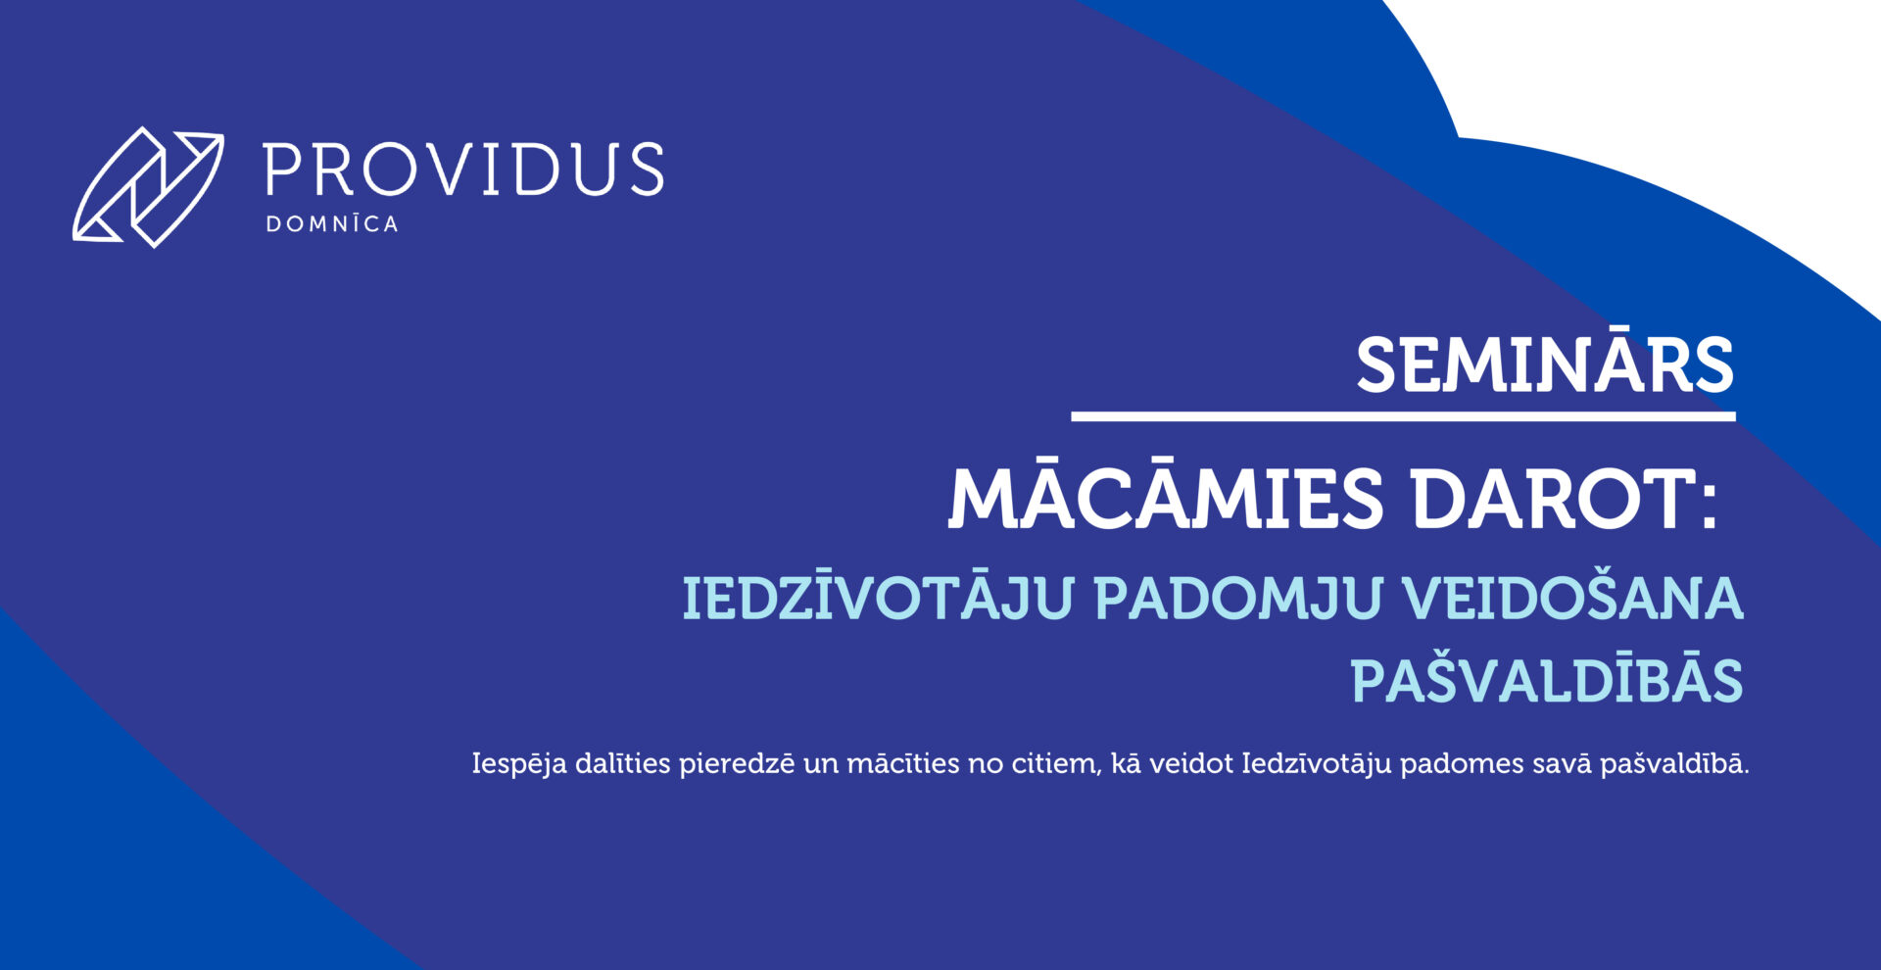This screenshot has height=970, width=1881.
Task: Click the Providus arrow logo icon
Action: point(147,186)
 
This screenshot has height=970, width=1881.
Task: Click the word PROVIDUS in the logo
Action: point(464,170)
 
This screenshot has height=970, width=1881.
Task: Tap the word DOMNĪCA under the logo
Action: point(332,223)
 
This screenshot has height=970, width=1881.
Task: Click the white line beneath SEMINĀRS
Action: point(1403,416)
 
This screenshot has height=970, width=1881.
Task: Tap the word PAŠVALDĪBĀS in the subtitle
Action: point(1548,678)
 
